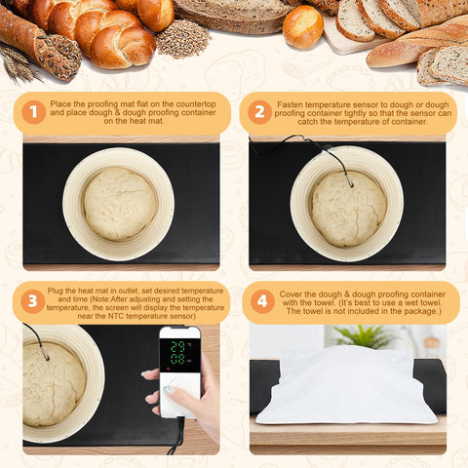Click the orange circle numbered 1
click(x=33, y=112)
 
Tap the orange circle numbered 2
click(x=258, y=112)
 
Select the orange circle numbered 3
click(x=33, y=301)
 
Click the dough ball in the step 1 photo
click(x=119, y=203)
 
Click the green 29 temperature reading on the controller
click(x=179, y=347)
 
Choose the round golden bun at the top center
click(x=302, y=26)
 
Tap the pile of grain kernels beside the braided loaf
click(x=182, y=38)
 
